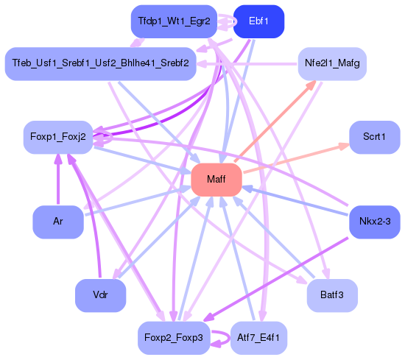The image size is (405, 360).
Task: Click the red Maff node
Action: click(x=216, y=180)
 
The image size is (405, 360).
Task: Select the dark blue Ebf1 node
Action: click(x=258, y=21)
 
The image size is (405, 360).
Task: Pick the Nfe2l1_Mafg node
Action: click(x=332, y=63)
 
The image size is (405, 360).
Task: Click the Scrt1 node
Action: click(x=374, y=138)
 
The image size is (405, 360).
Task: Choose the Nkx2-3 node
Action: click(x=374, y=221)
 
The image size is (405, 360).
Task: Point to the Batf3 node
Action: click(x=332, y=295)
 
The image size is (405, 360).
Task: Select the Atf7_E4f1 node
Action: click(x=258, y=338)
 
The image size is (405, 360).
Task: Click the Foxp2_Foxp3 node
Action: click(x=174, y=338)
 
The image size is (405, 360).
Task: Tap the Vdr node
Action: click(x=100, y=295)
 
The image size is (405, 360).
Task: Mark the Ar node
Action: click(x=57, y=221)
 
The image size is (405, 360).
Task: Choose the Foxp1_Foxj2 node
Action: click(x=58, y=138)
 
